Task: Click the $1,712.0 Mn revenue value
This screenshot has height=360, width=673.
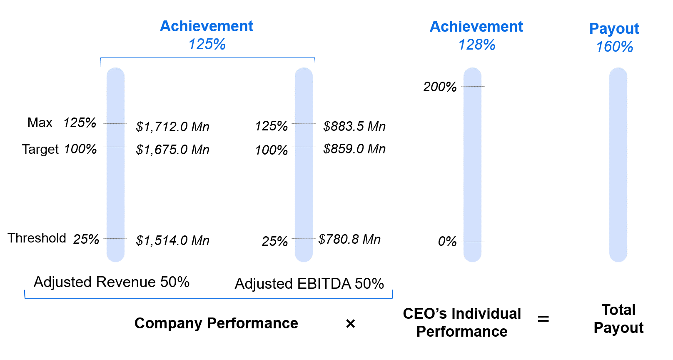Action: click(x=172, y=127)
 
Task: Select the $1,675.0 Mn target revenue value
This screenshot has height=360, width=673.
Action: click(x=172, y=150)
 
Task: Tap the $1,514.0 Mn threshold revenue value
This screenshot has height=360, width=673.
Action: click(x=172, y=240)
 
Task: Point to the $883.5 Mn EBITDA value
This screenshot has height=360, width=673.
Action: click(x=354, y=126)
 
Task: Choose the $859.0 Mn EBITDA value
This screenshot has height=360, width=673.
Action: click(x=354, y=149)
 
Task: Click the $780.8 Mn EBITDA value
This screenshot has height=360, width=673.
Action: click(x=349, y=239)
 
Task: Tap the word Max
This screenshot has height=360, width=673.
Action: click(x=40, y=122)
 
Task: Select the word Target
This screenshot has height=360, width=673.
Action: click(x=40, y=149)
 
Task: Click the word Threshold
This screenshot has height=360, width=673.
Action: click(x=37, y=238)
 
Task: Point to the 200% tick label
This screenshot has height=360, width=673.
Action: click(x=440, y=87)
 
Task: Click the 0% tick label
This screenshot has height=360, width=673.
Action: click(x=447, y=241)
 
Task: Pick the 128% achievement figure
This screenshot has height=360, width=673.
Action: click(x=477, y=45)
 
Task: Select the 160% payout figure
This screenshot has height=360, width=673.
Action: click(x=614, y=47)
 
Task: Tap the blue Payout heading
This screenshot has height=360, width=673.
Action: click(x=614, y=28)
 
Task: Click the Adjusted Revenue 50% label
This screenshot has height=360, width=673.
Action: click(x=112, y=282)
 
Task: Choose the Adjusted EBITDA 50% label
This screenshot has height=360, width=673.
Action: click(x=309, y=284)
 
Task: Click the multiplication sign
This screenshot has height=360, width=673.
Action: click(x=351, y=323)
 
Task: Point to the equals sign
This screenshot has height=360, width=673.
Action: click(x=543, y=319)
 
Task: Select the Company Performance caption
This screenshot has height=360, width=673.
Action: click(x=216, y=323)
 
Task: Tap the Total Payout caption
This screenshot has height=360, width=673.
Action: click(x=618, y=319)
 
